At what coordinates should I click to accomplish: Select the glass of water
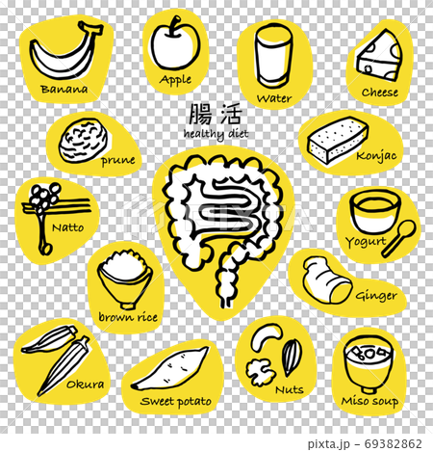coord(270,55)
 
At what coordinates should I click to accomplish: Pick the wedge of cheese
coord(378,56)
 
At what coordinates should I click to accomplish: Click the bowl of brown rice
coord(124,276)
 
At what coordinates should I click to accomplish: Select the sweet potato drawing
coord(169,368)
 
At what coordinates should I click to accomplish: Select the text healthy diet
coord(216,134)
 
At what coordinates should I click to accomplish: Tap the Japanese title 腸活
coord(214,115)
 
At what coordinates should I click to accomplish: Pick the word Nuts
coord(289,390)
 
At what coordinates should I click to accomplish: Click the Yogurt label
coord(367,242)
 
